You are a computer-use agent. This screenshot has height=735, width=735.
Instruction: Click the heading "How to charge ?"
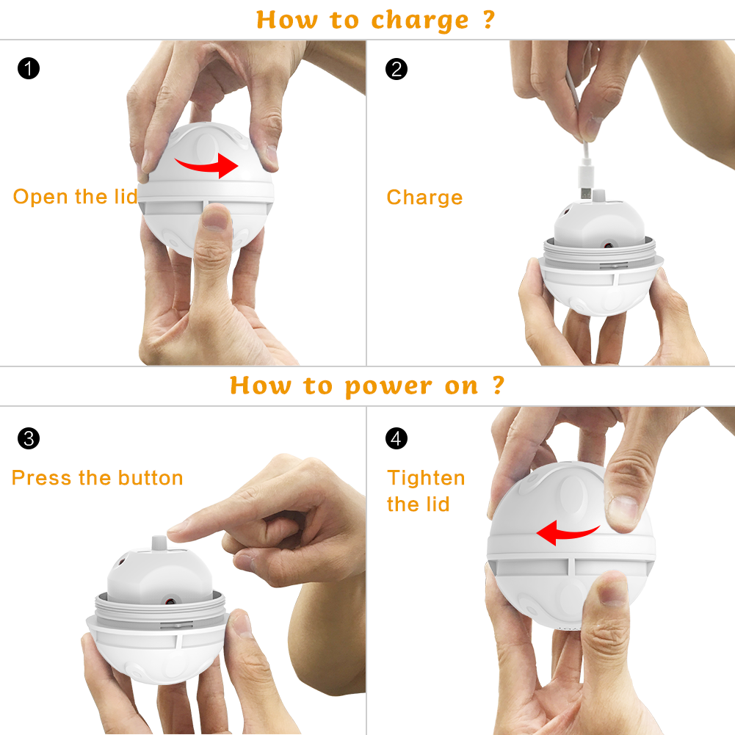point(375,20)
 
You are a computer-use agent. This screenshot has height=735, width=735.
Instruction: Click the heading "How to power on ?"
point(367,385)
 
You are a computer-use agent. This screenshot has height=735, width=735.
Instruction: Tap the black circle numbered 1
point(29,68)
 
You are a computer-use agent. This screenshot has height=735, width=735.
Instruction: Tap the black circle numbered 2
point(397,69)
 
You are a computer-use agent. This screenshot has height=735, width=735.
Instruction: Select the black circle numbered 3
point(29,438)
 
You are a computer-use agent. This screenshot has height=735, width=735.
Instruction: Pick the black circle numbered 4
point(397,438)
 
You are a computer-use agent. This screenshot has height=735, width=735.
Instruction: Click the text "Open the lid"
point(75,197)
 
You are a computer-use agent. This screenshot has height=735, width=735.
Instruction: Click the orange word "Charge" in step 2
point(424,198)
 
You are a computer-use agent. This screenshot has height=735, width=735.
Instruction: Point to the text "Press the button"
point(98,478)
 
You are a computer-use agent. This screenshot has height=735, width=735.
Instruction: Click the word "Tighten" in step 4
point(426,479)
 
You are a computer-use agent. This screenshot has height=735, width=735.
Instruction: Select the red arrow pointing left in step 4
point(567,533)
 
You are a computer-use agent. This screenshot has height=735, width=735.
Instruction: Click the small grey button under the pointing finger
point(159,544)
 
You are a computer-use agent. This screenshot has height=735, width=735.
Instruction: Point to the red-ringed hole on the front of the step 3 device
point(170,601)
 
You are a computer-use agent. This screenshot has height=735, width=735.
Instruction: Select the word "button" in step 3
point(151,478)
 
